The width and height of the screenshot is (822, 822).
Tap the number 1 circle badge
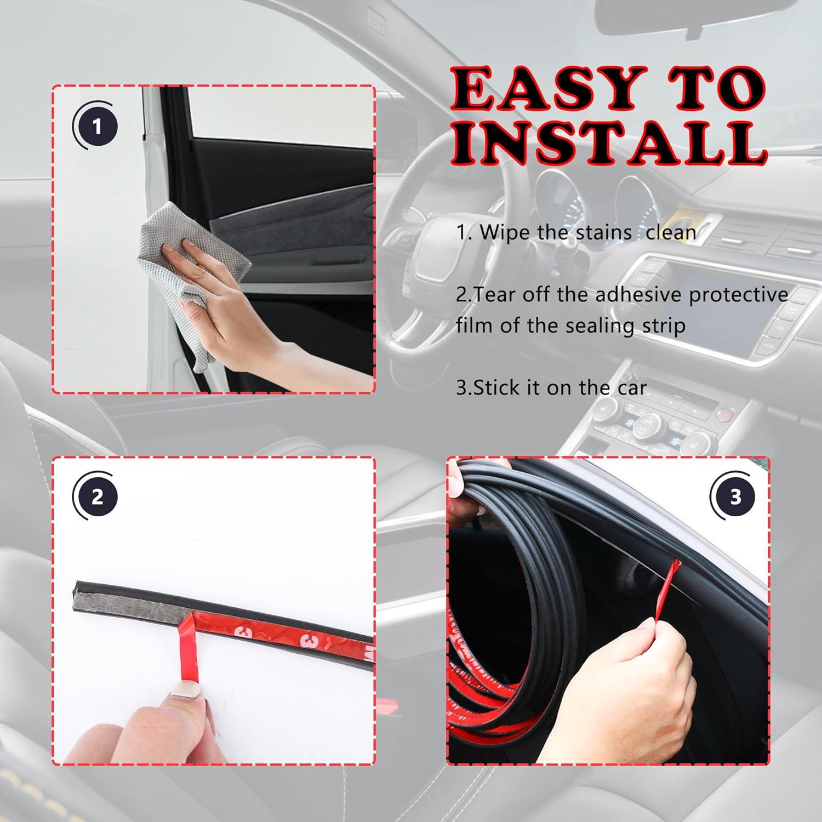[97, 128]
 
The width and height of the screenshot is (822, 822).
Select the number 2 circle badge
[97, 498]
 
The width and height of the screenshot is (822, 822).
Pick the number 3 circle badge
[735, 498]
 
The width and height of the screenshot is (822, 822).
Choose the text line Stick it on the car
[551, 388]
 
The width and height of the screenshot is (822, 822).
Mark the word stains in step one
[603, 232]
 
